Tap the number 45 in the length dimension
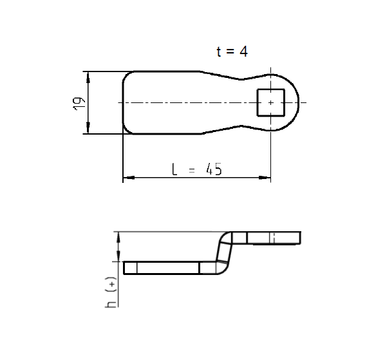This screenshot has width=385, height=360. point(213,169)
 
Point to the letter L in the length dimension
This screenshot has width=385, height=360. point(174,169)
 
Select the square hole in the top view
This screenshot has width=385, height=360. point(271,103)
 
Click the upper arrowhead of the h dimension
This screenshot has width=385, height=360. point(118,235)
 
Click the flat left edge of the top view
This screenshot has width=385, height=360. point(122,103)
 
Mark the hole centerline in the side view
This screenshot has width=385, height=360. point(273,238)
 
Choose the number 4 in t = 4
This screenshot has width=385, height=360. point(243,52)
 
